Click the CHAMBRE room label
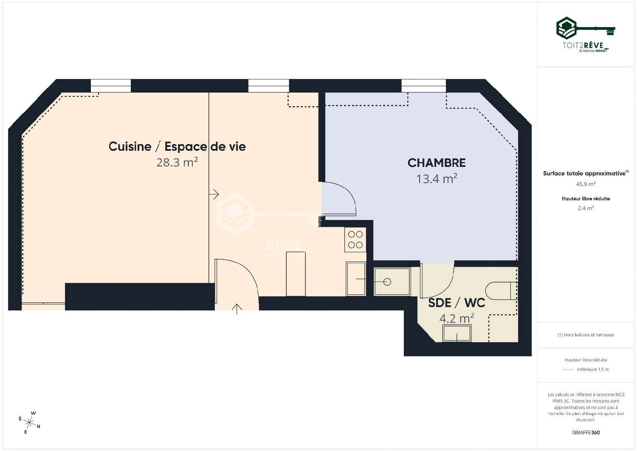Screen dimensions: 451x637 [436, 163]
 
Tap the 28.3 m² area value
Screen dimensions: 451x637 [177, 162]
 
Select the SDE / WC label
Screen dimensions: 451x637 [456, 303]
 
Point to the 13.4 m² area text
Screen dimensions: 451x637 [436, 179]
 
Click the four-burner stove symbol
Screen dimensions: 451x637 [355, 239]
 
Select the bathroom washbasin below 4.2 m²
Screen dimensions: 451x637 [457, 333]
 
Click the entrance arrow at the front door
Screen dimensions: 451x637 [237, 308]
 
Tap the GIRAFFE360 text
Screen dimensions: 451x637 [586, 432]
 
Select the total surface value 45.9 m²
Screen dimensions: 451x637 [586, 184]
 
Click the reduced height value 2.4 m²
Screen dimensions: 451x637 [586, 208]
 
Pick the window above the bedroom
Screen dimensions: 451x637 [423, 86]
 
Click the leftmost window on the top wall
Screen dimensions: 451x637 [111, 86]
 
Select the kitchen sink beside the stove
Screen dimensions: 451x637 [355, 279]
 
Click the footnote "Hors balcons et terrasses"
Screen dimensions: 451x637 [586, 335]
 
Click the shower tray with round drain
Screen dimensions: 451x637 [392, 281]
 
